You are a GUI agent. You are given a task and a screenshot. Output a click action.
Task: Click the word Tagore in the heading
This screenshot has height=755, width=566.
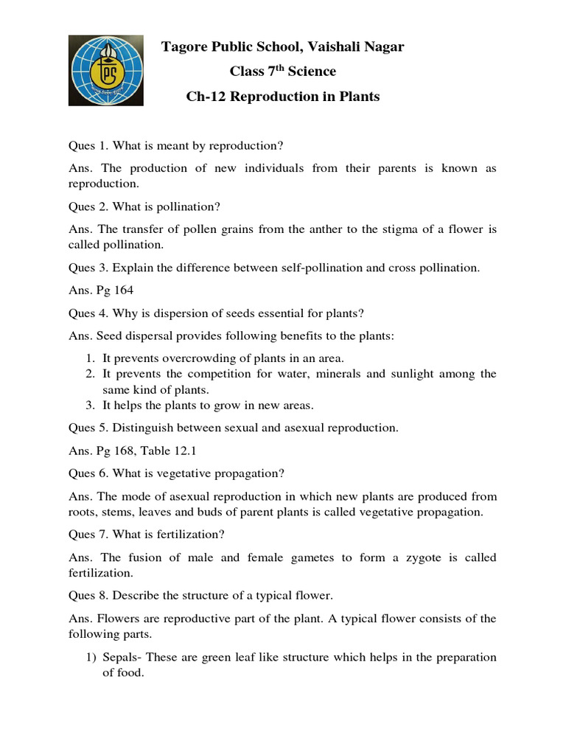[185, 47]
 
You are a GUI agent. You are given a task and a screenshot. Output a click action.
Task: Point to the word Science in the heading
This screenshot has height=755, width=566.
[311, 72]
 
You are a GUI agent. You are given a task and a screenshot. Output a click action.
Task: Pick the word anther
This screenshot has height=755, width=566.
[330, 229]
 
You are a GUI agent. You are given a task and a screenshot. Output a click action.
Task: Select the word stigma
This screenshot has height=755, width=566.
[397, 229]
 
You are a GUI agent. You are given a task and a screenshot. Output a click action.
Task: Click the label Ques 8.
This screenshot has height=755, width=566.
[88, 596]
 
